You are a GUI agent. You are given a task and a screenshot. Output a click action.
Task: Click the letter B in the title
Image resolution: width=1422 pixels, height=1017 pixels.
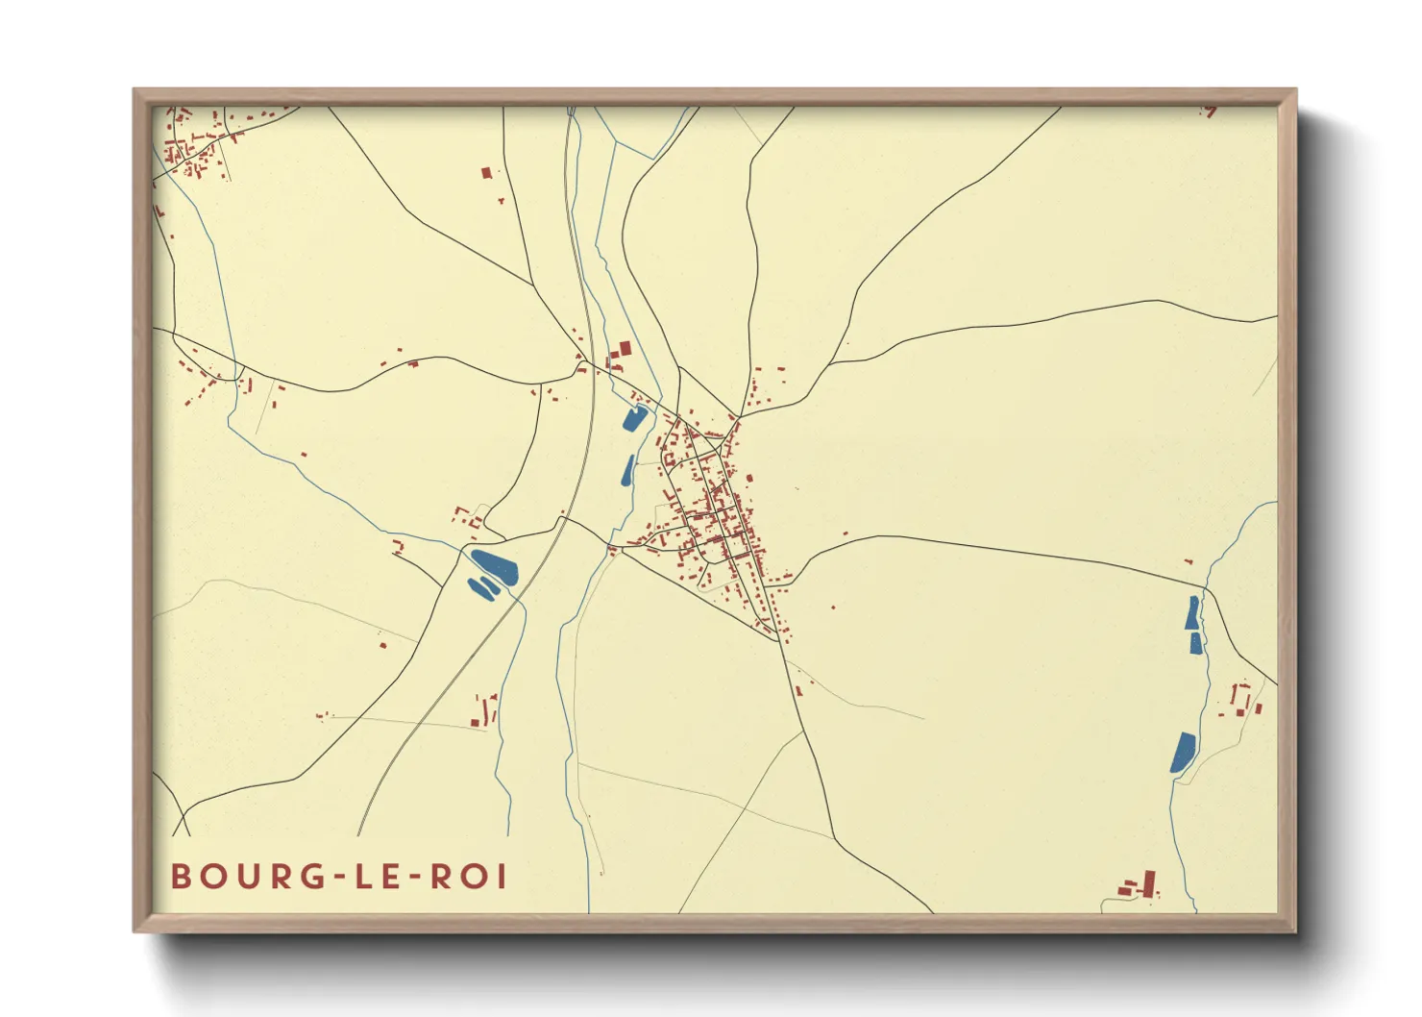point(181,877)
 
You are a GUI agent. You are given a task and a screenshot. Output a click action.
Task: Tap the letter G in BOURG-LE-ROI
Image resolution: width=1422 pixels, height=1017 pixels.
point(309,877)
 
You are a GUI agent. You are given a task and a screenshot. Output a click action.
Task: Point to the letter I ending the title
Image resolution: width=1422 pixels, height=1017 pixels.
point(501,877)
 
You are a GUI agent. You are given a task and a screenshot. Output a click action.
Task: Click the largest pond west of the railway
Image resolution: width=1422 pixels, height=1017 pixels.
point(495,565)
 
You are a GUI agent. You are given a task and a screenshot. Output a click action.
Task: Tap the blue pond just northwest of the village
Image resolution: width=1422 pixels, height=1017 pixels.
point(634,418)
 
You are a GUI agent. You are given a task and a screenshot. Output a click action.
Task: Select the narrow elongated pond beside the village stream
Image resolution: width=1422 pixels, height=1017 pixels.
point(628,469)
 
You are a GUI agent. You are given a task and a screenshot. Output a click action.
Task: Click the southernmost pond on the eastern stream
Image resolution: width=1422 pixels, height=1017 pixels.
point(1183,752)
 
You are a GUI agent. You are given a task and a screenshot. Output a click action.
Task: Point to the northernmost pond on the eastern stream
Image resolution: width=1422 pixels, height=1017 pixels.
point(1192,612)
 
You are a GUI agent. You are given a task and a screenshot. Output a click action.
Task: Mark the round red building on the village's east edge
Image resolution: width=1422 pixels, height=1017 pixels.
point(749,478)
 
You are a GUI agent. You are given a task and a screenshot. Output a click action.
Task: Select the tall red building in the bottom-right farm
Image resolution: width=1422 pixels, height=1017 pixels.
point(1149,881)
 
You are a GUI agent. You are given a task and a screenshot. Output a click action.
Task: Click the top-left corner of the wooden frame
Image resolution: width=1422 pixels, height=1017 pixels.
point(135,90)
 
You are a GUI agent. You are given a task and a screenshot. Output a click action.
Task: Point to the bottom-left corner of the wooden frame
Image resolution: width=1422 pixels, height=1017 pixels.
point(135,930)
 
